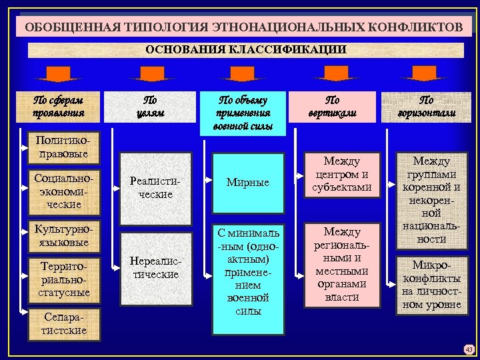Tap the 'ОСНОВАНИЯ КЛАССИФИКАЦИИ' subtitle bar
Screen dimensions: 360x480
(246, 49)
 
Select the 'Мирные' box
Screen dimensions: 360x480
(247, 182)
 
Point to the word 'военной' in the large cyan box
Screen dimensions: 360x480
(247, 298)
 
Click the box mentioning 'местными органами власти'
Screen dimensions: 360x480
(342, 264)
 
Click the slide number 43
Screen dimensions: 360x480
(469, 349)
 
